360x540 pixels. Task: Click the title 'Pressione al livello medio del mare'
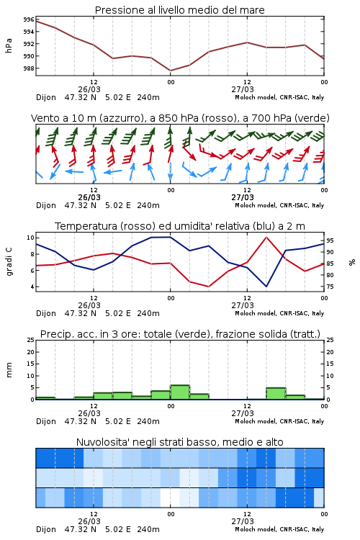point(179,10)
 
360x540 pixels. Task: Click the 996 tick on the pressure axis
point(29,19)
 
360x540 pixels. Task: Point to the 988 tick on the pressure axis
point(29,68)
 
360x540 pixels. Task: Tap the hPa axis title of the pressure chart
point(9,45)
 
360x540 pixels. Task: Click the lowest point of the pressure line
point(171,71)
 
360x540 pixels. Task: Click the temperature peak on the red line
point(266,238)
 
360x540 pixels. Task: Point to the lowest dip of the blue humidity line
point(266,286)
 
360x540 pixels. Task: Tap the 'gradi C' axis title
point(9,262)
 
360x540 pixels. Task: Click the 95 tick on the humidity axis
point(330,240)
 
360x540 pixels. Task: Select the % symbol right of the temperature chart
point(352,262)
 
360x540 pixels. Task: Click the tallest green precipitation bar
point(180,392)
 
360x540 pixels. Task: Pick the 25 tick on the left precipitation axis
point(31,340)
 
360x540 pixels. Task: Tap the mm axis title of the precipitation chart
point(9,370)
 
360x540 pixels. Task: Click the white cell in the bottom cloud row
point(170,498)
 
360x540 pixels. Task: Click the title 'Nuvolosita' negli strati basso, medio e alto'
point(179,442)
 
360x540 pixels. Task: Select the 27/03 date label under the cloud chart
point(243,521)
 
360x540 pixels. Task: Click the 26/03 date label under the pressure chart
point(89,89)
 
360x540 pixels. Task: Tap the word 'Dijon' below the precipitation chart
point(46,421)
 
